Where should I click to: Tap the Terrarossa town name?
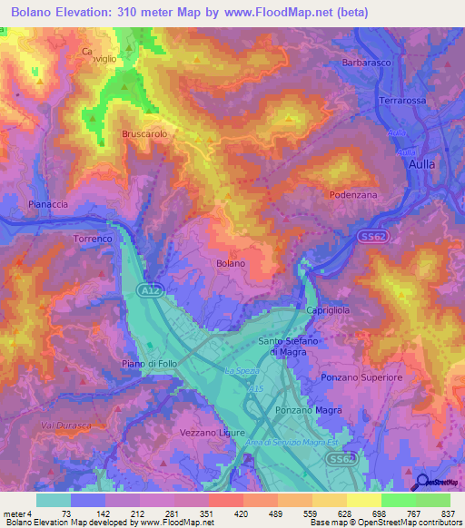pos(402,101)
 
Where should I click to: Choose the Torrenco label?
pos(92,239)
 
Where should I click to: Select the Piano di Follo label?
pos(150,363)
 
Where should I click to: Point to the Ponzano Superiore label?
pos(361,376)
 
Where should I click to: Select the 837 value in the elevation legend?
pos(448,514)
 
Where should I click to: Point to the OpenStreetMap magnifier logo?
pos(421,482)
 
